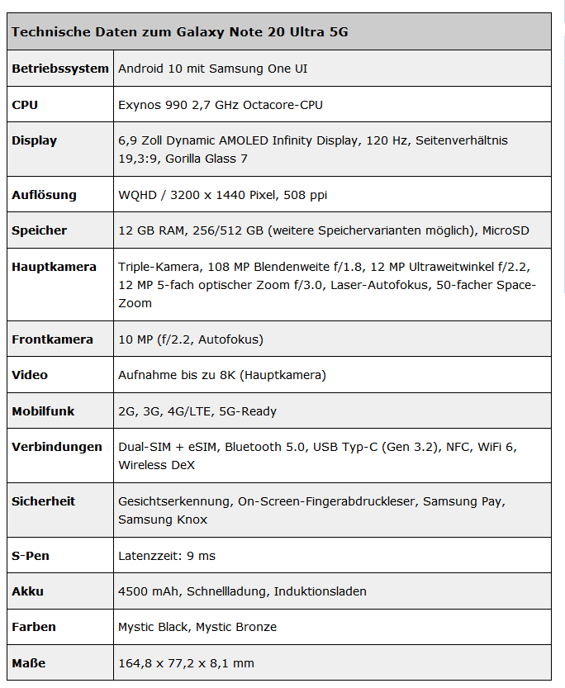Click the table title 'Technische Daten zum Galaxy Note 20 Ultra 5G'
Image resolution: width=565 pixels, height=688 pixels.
point(179,32)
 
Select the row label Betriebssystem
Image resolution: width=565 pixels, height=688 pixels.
point(60,69)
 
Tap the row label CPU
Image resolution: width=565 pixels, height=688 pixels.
point(25,105)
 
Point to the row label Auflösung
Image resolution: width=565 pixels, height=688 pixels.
point(44,195)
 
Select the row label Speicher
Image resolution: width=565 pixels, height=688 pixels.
point(40,230)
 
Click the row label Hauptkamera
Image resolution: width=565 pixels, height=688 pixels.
point(54,267)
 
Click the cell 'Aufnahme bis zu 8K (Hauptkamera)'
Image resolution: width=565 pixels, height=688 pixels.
point(221,375)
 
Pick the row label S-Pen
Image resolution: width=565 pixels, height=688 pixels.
point(31,556)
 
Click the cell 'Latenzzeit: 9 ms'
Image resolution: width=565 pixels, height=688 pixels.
point(167,556)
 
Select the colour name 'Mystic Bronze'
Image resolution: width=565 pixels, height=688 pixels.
point(235,627)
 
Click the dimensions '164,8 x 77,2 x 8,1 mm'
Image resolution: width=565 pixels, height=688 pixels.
point(187,663)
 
